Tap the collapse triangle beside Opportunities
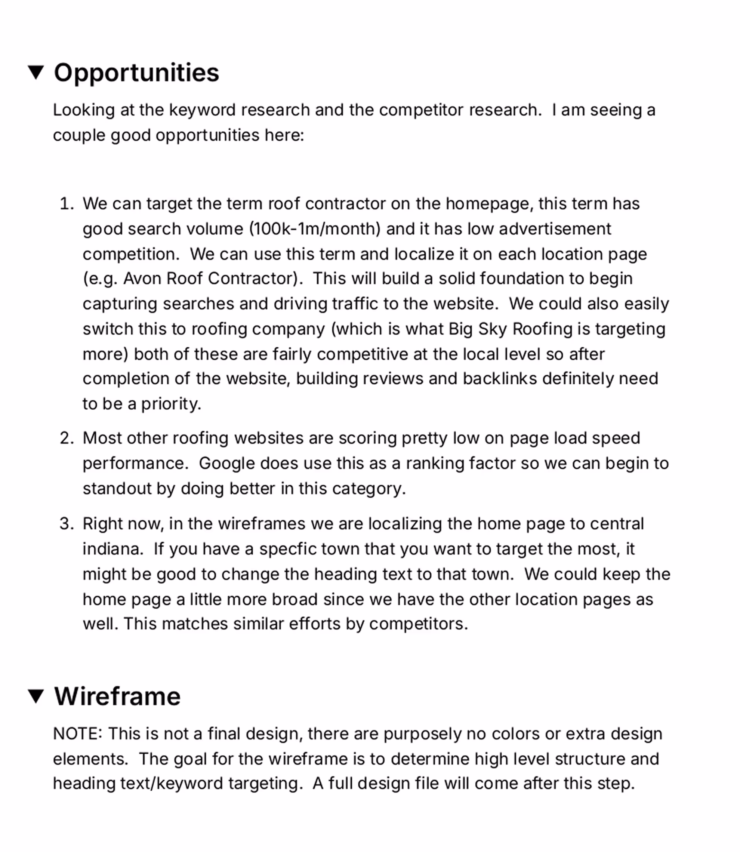pos(36,72)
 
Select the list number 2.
pos(67,438)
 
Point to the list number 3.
pos(67,524)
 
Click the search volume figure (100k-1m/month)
pos(315,229)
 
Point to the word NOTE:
pos(78,734)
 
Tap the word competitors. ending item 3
pos(419,624)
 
